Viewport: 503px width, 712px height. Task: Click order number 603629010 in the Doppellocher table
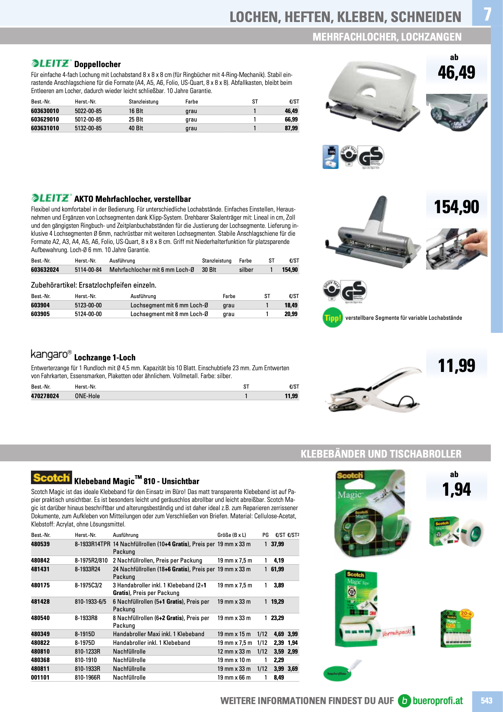click(x=45, y=119)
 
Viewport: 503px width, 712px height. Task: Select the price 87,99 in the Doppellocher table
click(x=291, y=128)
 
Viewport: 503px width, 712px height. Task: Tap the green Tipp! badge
click(x=332, y=318)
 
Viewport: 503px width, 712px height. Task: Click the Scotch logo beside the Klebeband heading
click(x=52, y=478)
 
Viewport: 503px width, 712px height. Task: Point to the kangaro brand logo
click(x=51, y=354)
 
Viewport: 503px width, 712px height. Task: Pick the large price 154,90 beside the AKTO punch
click(x=456, y=207)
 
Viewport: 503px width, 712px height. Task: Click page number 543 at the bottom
click(x=486, y=700)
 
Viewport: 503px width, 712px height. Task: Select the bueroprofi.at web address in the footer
click(x=437, y=700)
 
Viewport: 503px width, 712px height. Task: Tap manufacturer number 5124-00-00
click(x=88, y=314)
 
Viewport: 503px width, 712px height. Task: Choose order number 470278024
click(x=45, y=396)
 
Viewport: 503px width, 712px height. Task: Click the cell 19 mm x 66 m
click(x=234, y=677)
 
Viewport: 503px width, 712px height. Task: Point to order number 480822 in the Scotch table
click(x=40, y=643)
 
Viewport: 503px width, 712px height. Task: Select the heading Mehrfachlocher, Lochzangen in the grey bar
click(x=387, y=37)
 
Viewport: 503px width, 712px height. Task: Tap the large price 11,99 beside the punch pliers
click(x=456, y=365)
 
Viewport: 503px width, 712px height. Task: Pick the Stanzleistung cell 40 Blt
click(x=136, y=128)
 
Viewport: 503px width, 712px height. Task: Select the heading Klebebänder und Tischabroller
click(x=381, y=454)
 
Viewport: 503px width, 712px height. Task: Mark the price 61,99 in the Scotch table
click(x=277, y=569)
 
